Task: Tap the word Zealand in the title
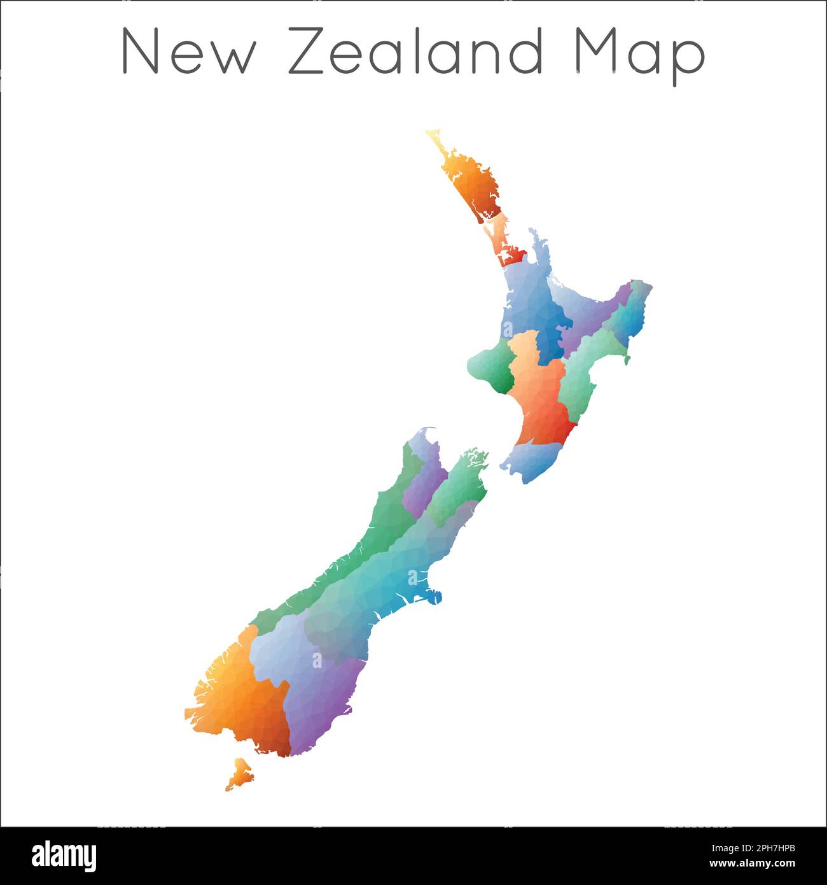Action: point(417,51)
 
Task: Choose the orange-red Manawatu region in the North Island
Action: point(541,401)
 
